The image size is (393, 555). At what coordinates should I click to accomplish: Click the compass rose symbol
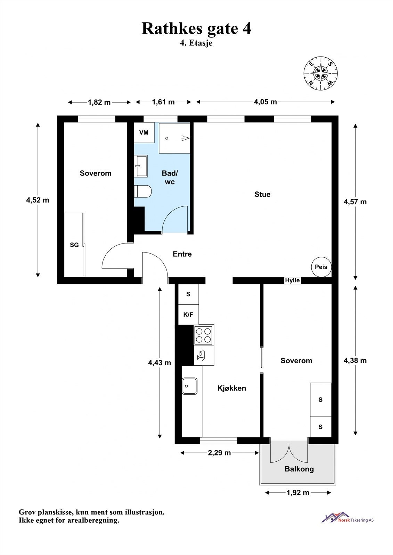pos(320,74)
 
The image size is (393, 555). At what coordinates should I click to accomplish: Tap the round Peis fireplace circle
pos(321,267)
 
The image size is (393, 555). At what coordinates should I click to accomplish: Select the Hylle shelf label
pos(293,280)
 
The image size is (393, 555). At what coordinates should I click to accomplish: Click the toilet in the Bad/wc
pos(142,191)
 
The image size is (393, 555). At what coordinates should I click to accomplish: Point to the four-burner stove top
pos(204,335)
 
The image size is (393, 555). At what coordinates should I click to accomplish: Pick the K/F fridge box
pos(188,315)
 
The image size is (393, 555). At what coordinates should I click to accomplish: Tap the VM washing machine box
pos(144,133)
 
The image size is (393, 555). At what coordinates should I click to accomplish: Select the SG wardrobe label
pos(74,245)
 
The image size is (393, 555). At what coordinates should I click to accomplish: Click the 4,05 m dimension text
pos(265,102)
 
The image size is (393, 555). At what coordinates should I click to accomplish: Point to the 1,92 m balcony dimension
pos(298,493)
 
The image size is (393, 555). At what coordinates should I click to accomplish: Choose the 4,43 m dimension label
pos(159,363)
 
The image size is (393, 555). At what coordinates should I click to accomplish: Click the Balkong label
pos(299,469)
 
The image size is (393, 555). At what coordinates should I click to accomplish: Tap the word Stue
pos(262,194)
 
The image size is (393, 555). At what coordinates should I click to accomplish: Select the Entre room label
pos(182,254)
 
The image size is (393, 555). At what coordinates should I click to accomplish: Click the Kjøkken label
pos(232,388)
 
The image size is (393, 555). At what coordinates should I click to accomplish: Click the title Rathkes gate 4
pos(196,29)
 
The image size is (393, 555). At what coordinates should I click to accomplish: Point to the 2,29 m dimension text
pos(219,453)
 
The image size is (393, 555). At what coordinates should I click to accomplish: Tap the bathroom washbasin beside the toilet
pos(141,166)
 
